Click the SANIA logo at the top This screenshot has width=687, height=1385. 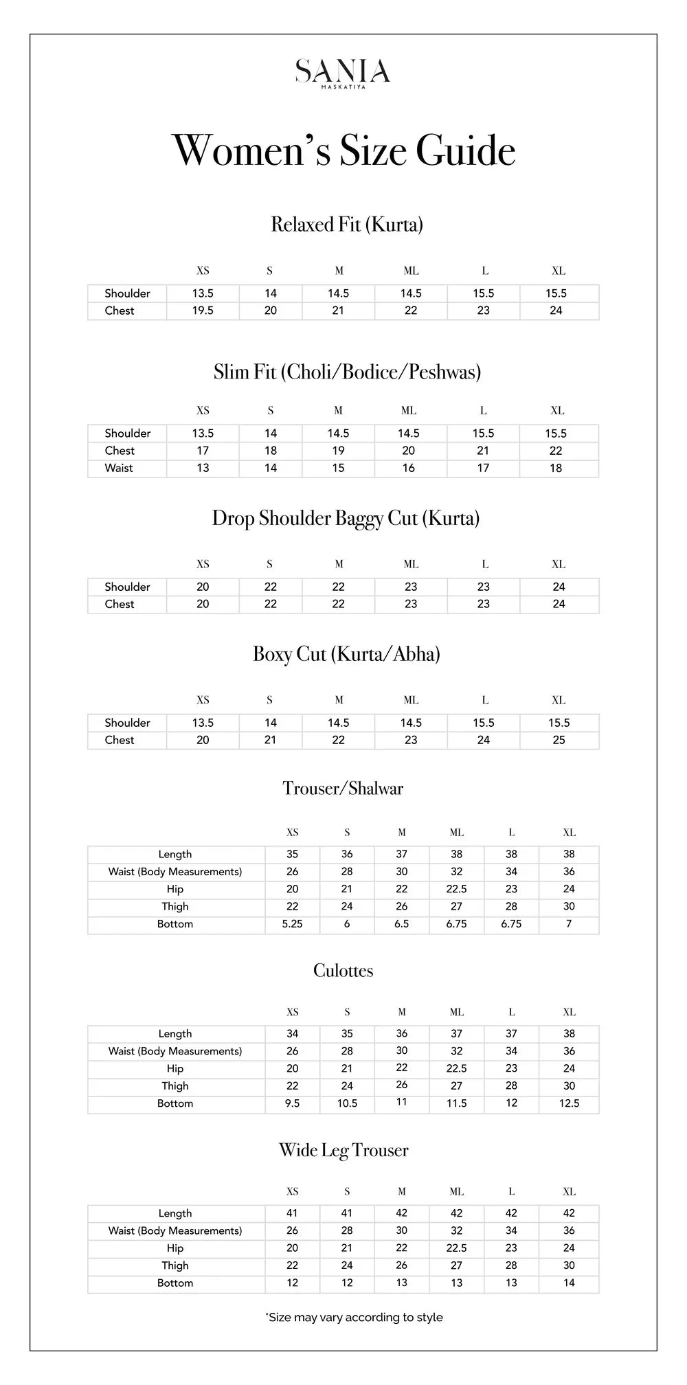pyautogui.click(x=343, y=72)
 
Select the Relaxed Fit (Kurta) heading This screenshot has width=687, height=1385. pyautogui.click(x=347, y=225)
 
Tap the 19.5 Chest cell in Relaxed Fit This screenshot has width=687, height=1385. pyautogui.click(x=203, y=311)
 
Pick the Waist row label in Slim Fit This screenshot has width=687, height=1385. pyautogui.click(x=119, y=468)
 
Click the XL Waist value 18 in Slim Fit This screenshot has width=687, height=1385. pyautogui.click(x=556, y=468)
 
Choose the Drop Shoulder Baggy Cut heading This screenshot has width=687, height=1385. pyautogui.click(x=346, y=518)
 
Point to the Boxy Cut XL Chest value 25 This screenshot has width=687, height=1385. pyautogui.click(x=559, y=740)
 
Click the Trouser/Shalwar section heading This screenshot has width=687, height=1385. pyautogui.click(x=343, y=788)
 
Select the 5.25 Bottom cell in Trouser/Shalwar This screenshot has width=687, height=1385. pyautogui.click(x=292, y=924)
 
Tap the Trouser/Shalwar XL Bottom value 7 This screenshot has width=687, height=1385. pyautogui.click(x=569, y=924)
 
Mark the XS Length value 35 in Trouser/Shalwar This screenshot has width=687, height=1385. pyautogui.click(x=292, y=854)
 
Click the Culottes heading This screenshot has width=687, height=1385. pyautogui.click(x=343, y=970)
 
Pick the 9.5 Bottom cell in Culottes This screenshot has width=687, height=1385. pyautogui.click(x=292, y=1103)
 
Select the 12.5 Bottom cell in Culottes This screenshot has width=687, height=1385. pyautogui.click(x=569, y=1103)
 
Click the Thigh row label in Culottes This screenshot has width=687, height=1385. pyautogui.click(x=175, y=1085)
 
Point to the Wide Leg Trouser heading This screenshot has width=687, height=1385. pyautogui.click(x=343, y=1150)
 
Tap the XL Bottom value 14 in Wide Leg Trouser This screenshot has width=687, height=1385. pyautogui.click(x=569, y=1283)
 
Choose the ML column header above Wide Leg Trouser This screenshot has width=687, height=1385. pyautogui.click(x=457, y=1191)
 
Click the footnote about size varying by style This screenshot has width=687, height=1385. pyautogui.click(x=354, y=1317)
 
